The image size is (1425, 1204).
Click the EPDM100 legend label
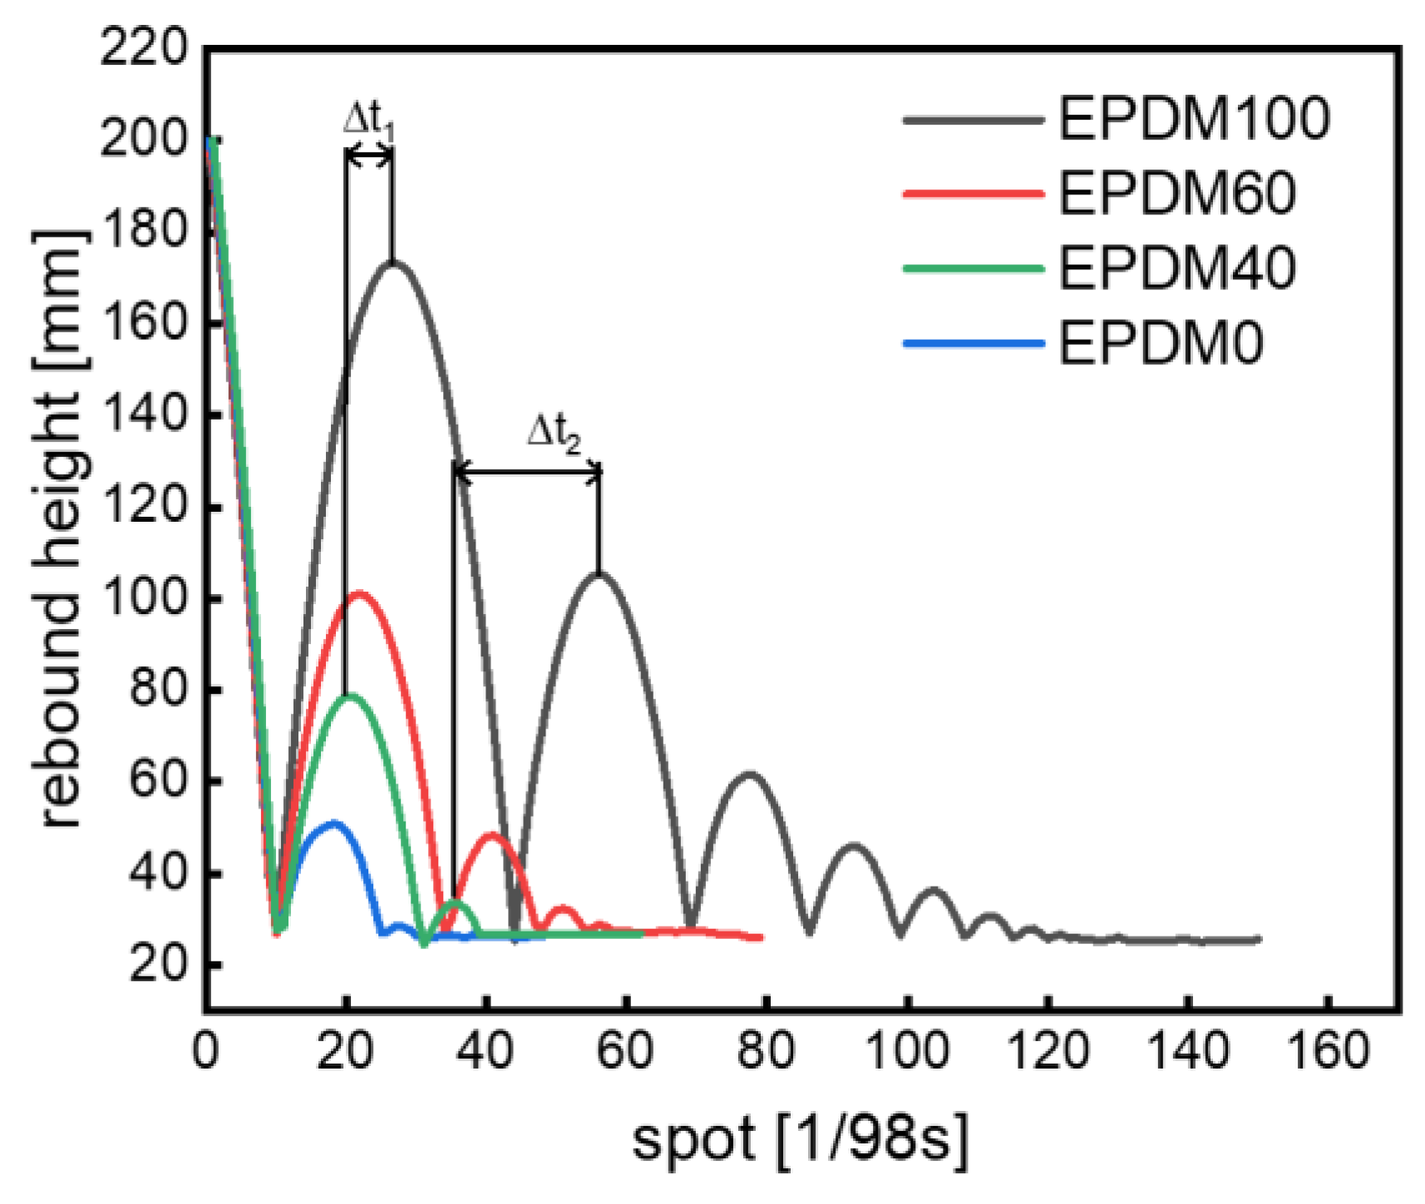pos(1193,119)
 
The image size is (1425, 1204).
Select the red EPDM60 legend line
pos(973,194)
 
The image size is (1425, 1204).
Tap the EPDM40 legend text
pos(1176,268)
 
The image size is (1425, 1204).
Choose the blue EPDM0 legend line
pos(973,342)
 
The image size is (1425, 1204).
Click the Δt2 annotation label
pos(554,434)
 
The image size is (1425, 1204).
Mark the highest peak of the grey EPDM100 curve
pos(392,263)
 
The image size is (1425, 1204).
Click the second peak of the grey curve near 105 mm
pos(598,573)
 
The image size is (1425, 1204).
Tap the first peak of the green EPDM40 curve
pos(349,695)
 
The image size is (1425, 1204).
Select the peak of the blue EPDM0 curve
pos(334,823)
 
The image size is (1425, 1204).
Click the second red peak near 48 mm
pos(491,835)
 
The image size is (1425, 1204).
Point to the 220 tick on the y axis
pos(145,47)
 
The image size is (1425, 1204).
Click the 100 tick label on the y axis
pos(145,598)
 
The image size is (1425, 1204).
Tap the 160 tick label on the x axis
pos(1328,1050)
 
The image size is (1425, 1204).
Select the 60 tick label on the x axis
pos(625,1050)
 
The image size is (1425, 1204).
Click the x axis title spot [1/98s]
pos(800,1138)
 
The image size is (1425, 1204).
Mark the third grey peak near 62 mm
pos(750,774)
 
